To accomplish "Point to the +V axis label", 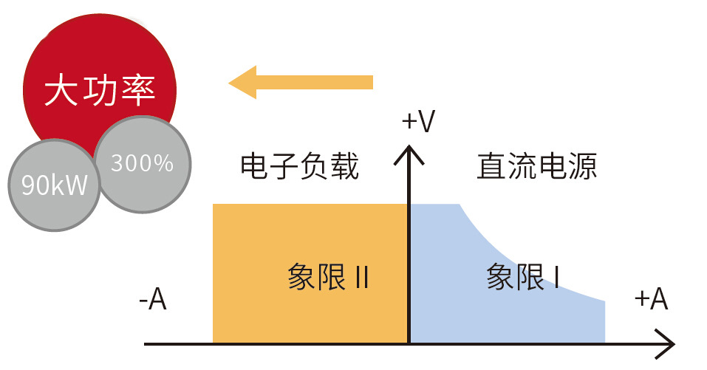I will pyautogui.click(x=418, y=122).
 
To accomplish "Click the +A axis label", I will pyautogui.click(x=651, y=300).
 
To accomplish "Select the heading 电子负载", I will pyautogui.click(x=300, y=167).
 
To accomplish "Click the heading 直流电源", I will pyautogui.click(x=537, y=167).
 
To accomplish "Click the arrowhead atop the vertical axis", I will pyautogui.click(x=409, y=153).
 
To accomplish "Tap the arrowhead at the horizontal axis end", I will pyautogui.click(x=667, y=344).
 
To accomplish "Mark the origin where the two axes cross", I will pyautogui.click(x=409, y=344).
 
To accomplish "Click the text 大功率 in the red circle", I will pyautogui.click(x=100, y=92).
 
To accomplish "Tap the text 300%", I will pyautogui.click(x=143, y=163).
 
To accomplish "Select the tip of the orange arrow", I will pyautogui.click(x=231, y=82).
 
